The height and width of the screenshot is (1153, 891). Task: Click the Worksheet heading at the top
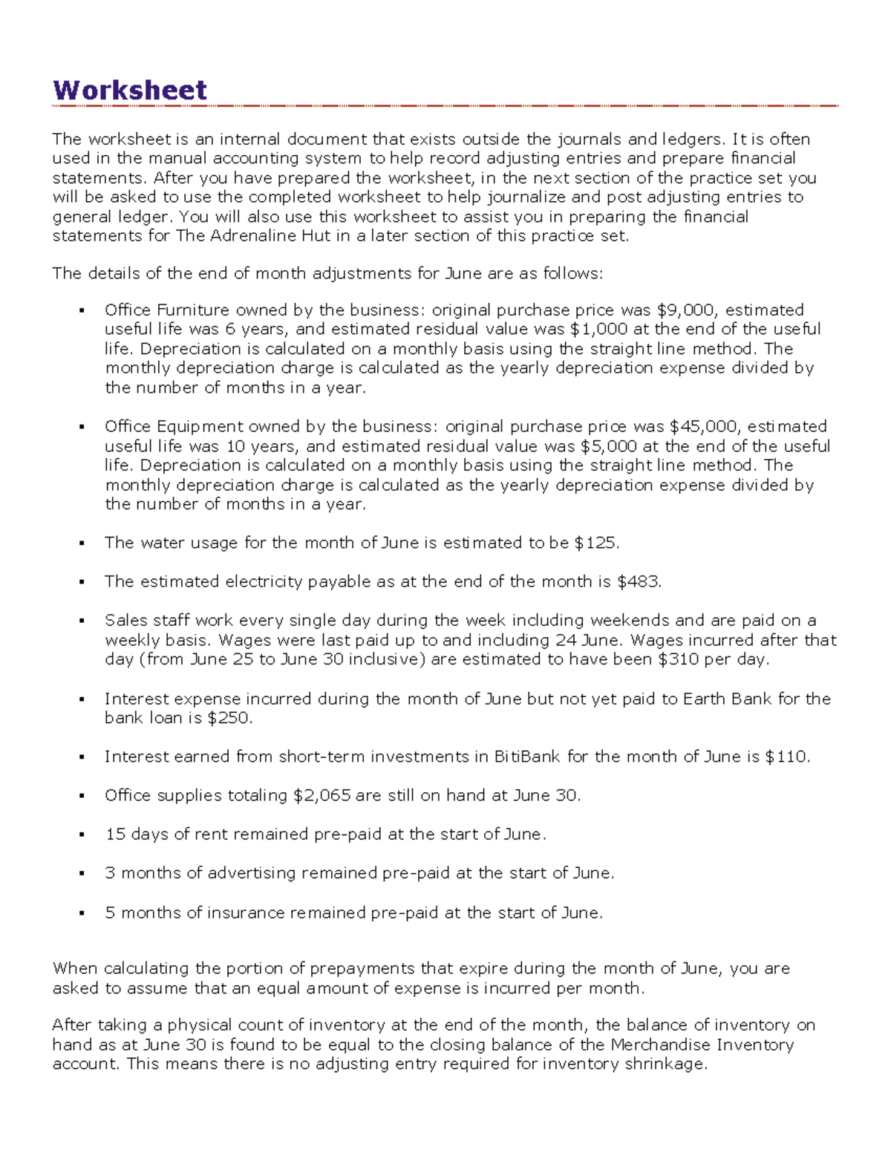[x=129, y=91]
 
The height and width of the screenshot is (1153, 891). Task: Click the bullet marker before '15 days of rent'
[x=82, y=834]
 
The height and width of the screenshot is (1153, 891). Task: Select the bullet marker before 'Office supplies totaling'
[x=82, y=796]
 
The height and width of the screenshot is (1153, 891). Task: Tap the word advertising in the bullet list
[x=252, y=873]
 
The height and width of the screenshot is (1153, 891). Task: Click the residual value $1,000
[x=598, y=330]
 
